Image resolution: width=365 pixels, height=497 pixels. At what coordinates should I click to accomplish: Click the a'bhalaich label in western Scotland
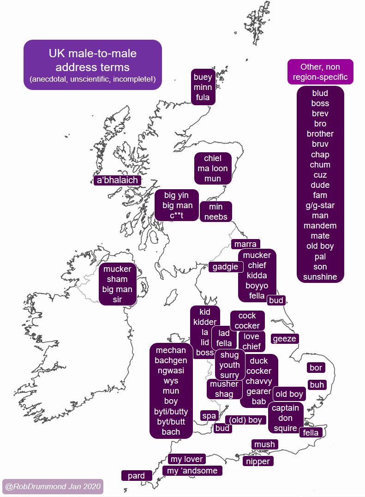click(x=117, y=180)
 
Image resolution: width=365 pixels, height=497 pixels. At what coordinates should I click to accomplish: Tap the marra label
click(x=245, y=244)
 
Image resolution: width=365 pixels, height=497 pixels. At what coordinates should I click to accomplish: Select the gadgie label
click(x=226, y=267)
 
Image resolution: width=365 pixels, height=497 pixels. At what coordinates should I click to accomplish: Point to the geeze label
click(x=284, y=339)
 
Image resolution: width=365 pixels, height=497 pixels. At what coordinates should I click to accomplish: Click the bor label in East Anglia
click(x=316, y=368)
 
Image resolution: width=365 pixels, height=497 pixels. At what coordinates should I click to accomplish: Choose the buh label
click(x=317, y=384)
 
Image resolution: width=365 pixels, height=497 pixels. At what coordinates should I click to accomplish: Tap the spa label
click(x=209, y=416)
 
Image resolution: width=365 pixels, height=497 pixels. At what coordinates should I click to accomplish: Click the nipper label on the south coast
click(x=258, y=461)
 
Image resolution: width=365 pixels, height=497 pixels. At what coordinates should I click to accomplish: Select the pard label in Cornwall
click(x=136, y=476)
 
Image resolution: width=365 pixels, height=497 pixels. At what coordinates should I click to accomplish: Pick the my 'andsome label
click(x=192, y=471)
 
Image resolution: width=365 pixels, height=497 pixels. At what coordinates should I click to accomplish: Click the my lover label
click(x=186, y=459)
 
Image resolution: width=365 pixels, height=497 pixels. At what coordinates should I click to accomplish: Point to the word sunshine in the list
click(x=320, y=277)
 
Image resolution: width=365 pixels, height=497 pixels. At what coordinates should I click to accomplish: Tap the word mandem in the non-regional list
click(x=320, y=226)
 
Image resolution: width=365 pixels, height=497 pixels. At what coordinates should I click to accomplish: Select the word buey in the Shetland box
click(x=203, y=77)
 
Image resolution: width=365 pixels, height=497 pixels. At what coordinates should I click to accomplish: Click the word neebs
click(x=216, y=217)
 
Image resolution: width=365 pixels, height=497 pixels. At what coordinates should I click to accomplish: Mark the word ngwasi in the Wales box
click(x=171, y=371)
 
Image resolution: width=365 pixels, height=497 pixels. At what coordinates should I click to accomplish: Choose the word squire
click(x=285, y=428)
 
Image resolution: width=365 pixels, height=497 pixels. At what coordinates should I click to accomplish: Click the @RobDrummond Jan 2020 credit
click(x=52, y=486)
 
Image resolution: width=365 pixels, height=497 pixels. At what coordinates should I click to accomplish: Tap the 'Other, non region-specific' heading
click(x=320, y=72)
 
